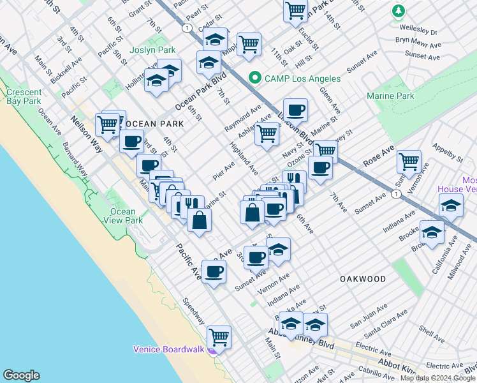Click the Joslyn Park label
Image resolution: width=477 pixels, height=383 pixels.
click(x=152, y=50)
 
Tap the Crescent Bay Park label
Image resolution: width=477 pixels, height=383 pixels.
click(x=24, y=96)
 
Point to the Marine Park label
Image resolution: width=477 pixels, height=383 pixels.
click(x=390, y=96)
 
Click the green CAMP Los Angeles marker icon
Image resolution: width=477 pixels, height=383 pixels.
click(x=255, y=78)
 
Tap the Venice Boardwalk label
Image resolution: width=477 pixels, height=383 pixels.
click(x=168, y=349)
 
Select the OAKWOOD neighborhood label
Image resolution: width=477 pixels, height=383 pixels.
click(x=362, y=279)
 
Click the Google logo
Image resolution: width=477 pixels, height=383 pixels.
click(x=21, y=375)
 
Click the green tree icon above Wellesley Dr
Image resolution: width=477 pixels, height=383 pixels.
click(x=399, y=11)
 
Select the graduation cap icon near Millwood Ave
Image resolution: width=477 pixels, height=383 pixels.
click(x=451, y=206)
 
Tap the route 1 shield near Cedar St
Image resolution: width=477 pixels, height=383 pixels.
click(x=186, y=29)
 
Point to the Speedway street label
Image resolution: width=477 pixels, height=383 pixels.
click(x=193, y=311)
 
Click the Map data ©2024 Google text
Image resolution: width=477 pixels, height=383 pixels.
click(x=437, y=378)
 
